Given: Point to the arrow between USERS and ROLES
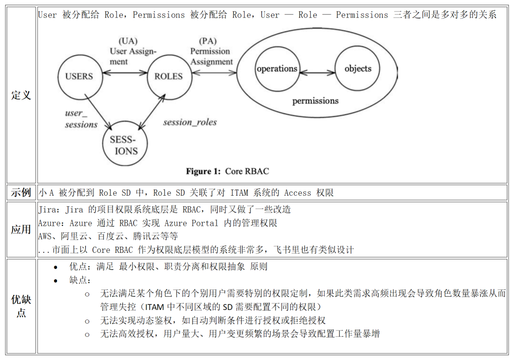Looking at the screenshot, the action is click(125, 73).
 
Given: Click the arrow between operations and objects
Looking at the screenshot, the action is click(317, 72).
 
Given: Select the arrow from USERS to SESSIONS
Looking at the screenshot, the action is click(99, 111).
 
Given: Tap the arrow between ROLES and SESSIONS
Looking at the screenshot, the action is click(152, 112).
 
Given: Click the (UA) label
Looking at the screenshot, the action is click(128, 41).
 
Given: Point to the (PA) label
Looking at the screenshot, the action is click(208, 41).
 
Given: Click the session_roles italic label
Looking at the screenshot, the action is click(190, 122).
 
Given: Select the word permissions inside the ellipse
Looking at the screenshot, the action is click(316, 101).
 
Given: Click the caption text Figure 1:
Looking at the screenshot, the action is click(203, 171).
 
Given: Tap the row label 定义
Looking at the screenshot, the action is click(21, 95).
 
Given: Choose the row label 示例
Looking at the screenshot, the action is click(21, 192).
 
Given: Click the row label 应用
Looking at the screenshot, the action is click(21, 229).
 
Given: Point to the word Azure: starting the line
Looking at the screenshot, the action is click(51, 223).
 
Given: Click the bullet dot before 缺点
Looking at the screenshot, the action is click(55, 280).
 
